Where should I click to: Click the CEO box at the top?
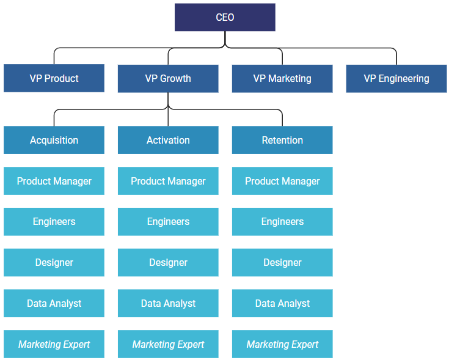click(x=225, y=17)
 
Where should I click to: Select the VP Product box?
click(x=54, y=78)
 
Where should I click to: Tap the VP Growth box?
click(x=168, y=78)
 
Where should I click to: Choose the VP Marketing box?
click(x=282, y=78)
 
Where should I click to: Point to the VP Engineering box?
click(x=396, y=78)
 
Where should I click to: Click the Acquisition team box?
click(x=54, y=140)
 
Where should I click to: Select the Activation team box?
click(x=168, y=140)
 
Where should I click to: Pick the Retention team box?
click(x=282, y=140)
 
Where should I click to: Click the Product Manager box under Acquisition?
click(x=54, y=181)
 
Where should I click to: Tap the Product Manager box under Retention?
click(x=282, y=181)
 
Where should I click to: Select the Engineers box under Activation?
click(x=168, y=221)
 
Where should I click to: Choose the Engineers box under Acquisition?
click(x=54, y=221)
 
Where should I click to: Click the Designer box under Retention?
click(x=282, y=262)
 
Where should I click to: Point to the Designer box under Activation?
click(x=168, y=262)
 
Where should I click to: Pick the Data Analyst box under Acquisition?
click(x=54, y=303)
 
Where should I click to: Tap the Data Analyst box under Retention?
click(x=282, y=303)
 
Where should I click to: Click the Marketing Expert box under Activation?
click(x=168, y=344)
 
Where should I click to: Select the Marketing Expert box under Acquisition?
click(x=54, y=344)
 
